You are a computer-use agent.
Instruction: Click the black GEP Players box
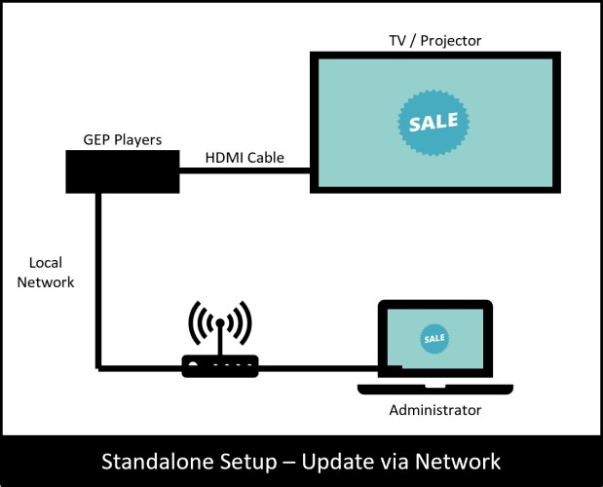[x=121, y=171]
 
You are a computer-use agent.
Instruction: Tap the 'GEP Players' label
[x=122, y=140]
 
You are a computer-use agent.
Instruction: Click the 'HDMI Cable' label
[x=245, y=157]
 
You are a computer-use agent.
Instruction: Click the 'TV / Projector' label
[x=434, y=41]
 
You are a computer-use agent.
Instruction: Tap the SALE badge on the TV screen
[x=433, y=124]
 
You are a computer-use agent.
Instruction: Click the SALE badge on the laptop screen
[x=434, y=338]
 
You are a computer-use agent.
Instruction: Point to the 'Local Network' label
[x=52, y=273]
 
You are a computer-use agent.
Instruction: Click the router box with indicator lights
[x=220, y=366]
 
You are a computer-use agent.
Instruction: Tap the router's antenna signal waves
[x=220, y=321]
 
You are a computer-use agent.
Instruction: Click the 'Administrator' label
[x=434, y=410]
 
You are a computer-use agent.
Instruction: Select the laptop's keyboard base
[x=434, y=389]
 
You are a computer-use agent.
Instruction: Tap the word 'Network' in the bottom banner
[x=456, y=461]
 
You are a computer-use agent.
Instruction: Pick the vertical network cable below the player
[x=98, y=282]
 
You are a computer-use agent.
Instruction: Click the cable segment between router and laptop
[x=321, y=368]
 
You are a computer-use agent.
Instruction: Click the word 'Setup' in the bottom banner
[x=248, y=461]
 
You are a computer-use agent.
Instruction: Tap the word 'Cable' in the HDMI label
[x=265, y=157]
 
